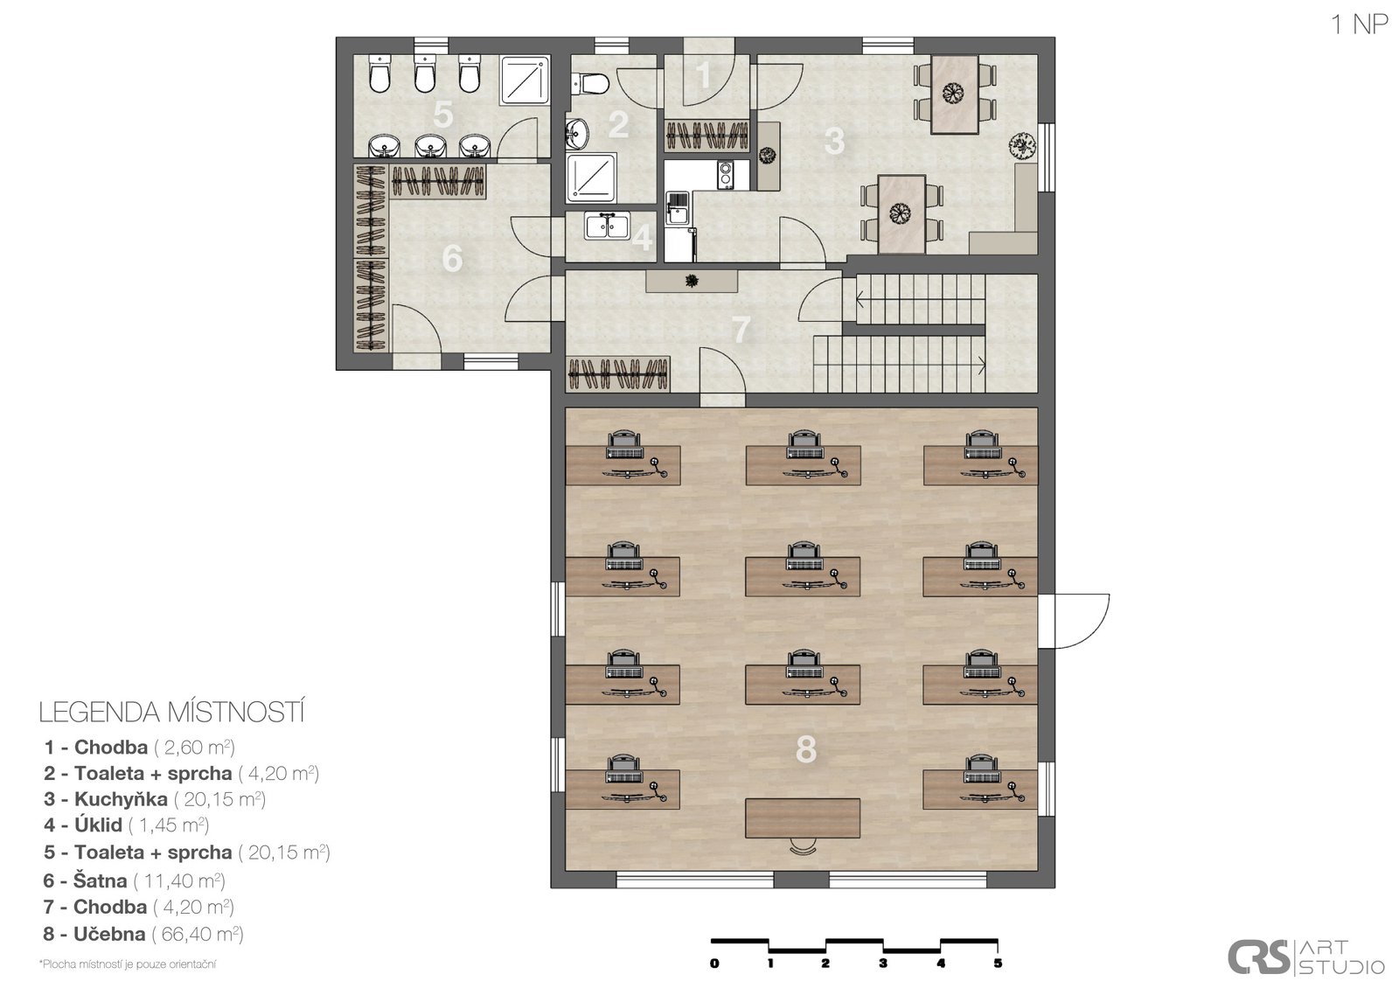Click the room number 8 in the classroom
point(805,749)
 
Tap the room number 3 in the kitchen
point(834,141)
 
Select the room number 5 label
point(442,115)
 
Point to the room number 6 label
point(452,258)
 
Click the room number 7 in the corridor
point(741,330)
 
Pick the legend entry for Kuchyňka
point(155,799)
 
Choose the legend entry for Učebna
point(143,935)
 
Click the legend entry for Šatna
point(135,880)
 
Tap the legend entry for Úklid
point(126,825)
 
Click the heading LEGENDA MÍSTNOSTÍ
point(171,713)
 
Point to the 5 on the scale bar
point(998,964)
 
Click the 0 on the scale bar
point(714,964)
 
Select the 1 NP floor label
point(1359,24)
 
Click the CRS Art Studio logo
point(1306,957)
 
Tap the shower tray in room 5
point(525,80)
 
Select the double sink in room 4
point(607,226)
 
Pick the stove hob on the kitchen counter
point(726,175)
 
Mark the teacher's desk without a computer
point(803,818)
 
